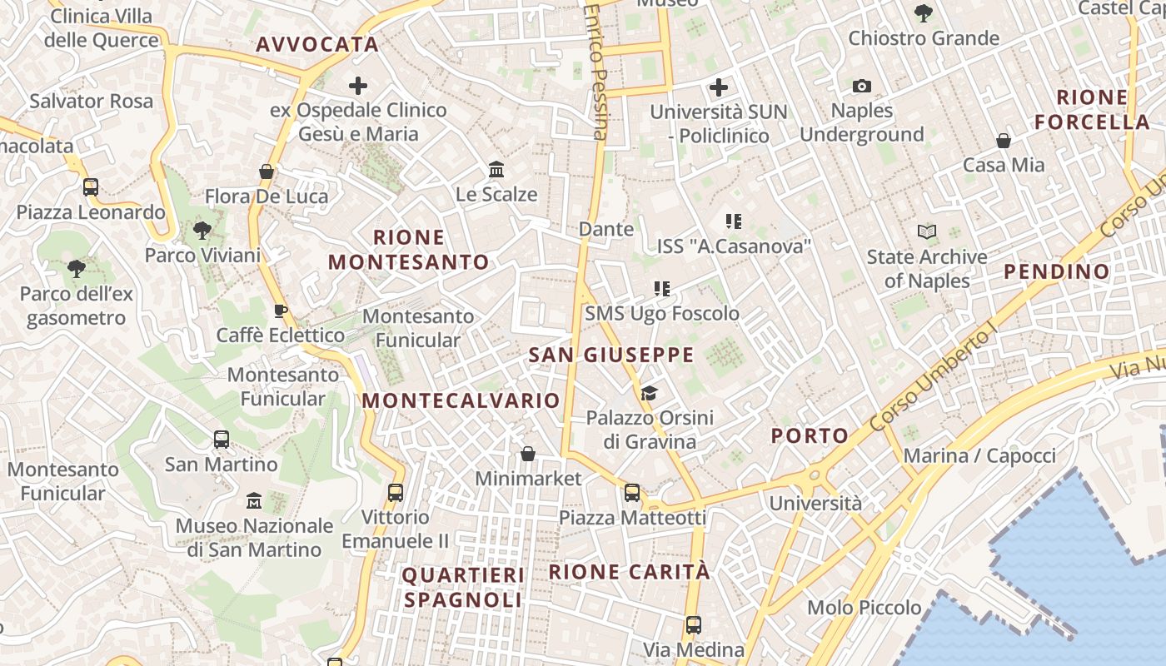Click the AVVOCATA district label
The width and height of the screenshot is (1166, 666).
click(317, 45)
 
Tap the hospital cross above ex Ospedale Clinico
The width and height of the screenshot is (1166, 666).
click(358, 85)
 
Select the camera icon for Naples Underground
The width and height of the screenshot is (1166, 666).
click(862, 86)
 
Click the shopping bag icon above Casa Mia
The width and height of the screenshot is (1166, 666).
click(1004, 141)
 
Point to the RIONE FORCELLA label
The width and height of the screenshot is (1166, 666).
click(1092, 109)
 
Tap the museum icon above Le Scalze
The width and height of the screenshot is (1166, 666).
click(496, 170)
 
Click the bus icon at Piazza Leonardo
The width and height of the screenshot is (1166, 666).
click(91, 187)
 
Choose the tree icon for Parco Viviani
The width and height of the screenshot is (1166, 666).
click(202, 231)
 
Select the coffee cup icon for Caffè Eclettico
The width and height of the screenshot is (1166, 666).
click(281, 311)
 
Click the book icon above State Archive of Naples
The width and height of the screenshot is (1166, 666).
click(927, 232)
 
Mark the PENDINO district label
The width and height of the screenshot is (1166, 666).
click(1056, 271)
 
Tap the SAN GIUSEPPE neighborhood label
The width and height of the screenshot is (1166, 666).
click(611, 355)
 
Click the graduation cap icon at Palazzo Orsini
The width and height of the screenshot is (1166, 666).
click(650, 393)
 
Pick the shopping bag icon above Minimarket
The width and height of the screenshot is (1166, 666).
click(528, 454)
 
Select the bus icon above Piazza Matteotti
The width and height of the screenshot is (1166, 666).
click(632, 493)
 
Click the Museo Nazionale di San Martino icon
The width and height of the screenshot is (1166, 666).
click(254, 501)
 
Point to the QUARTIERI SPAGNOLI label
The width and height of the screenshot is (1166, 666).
click(463, 587)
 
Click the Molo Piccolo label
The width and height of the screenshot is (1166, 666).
click(865, 608)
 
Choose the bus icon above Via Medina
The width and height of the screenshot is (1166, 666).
click(694, 624)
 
